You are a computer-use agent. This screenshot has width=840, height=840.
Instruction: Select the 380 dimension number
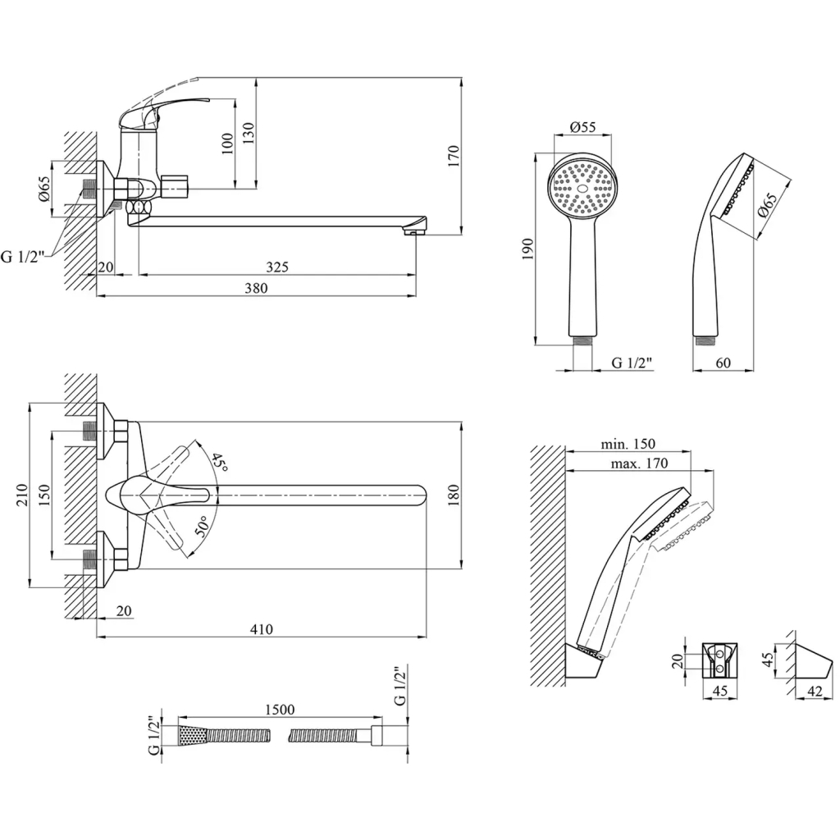pyautogui.click(x=256, y=287)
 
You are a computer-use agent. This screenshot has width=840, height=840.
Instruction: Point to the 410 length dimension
pyautogui.click(x=261, y=629)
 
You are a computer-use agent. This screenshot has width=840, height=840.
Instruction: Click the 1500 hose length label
pyautogui.click(x=280, y=710)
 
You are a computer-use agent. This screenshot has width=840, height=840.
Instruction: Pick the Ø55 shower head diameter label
pyautogui.click(x=582, y=127)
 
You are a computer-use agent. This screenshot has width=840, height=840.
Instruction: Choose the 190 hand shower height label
pyautogui.click(x=527, y=249)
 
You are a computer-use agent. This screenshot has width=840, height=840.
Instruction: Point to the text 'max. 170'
pyautogui.click(x=640, y=463)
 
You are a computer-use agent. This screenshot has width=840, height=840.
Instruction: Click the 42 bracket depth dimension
pyautogui.click(x=815, y=692)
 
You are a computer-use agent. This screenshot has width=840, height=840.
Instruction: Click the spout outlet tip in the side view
pyautogui.click(x=415, y=232)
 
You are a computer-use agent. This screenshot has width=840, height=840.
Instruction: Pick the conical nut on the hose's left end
pyautogui.click(x=190, y=734)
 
